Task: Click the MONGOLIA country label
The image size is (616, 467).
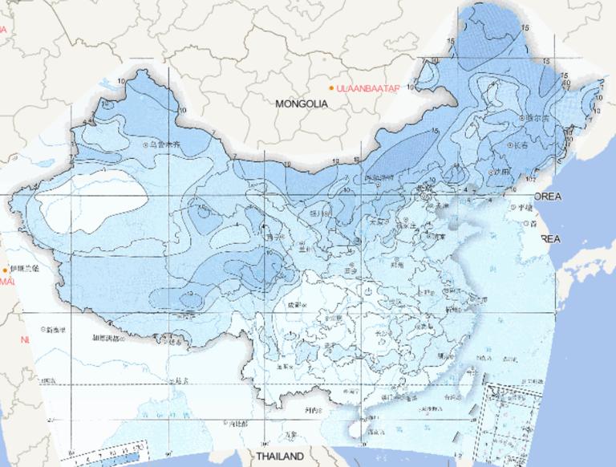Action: (x=302, y=104)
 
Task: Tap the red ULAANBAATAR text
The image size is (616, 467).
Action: (x=368, y=87)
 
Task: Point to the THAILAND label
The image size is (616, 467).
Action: (x=280, y=457)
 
